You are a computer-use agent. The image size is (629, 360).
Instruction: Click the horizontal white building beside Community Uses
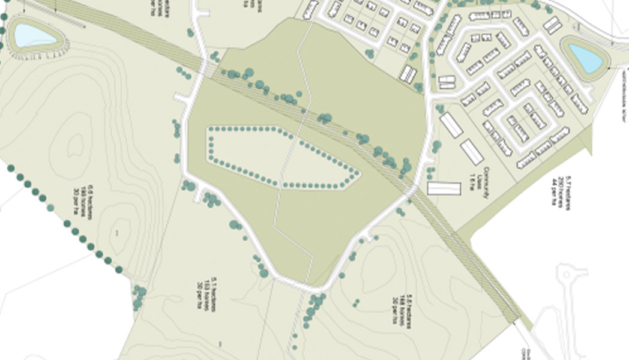(x=444, y=188)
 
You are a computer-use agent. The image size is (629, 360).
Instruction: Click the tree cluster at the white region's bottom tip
(x=139, y=296)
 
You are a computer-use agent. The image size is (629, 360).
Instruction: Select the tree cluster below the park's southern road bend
(x=311, y=309)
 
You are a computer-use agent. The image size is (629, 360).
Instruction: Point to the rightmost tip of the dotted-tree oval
(x=359, y=175)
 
